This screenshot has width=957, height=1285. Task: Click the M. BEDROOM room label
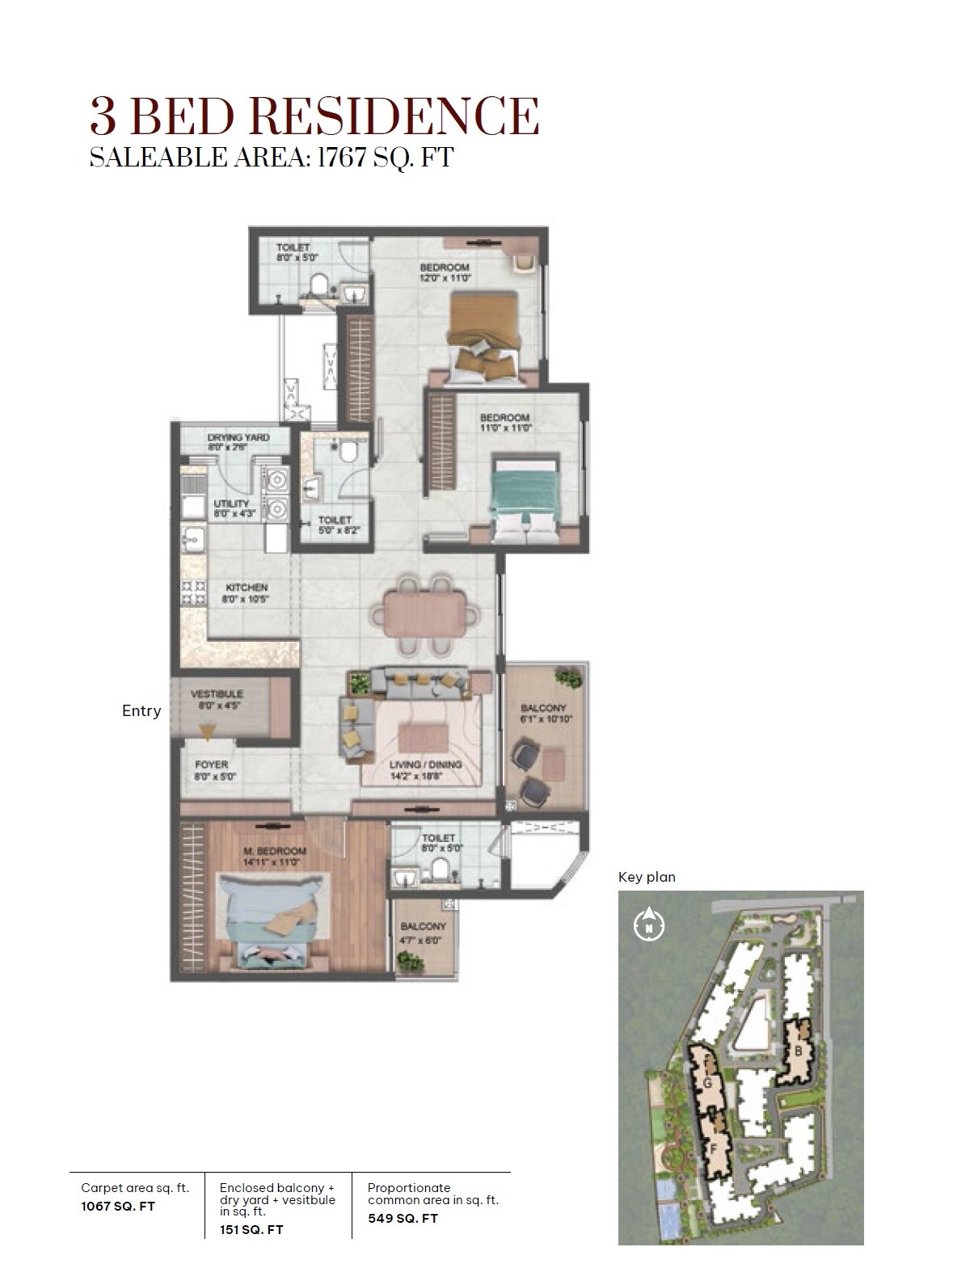pyautogui.click(x=275, y=852)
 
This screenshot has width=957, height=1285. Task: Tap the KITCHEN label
pyautogui.click(x=246, y=588)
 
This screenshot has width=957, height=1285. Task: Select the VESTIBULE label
pyautogui.click(x=216, y=694)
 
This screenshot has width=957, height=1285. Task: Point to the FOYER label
pyautogui.click(x=211, y=765)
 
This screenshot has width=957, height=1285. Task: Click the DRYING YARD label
pyautogui.click(x=238, y=437)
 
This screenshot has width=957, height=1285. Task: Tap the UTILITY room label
pyautogui.click(x=231, y=503)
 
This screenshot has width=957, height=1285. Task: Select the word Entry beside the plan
pyautogui.click(x=141, y=711)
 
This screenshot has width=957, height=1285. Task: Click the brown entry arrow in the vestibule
pyautogui.click(x=208, y=732)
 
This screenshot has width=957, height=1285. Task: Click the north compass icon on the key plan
pyautogui.click(x=649, y=924)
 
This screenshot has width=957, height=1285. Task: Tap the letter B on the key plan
pyautogui.click(x=799, y=1051)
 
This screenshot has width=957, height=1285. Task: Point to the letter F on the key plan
pyautogui.click(x=714, y=1146)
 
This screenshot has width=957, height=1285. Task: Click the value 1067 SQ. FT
pyautogui.click(x=118, y=1207)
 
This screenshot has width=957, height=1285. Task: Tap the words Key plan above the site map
pyautogui.click(x=647, y=877)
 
